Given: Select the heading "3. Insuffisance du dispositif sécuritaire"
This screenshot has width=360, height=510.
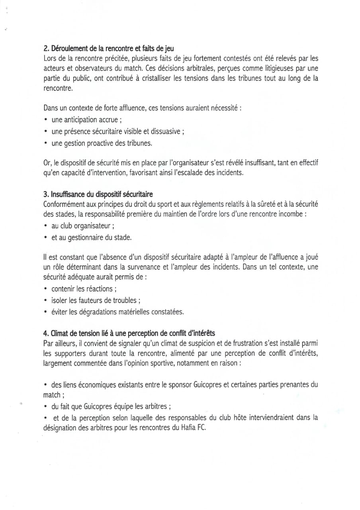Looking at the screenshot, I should click(x=98, y=194).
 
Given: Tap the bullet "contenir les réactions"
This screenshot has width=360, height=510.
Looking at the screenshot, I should click(x=84, y=289).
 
